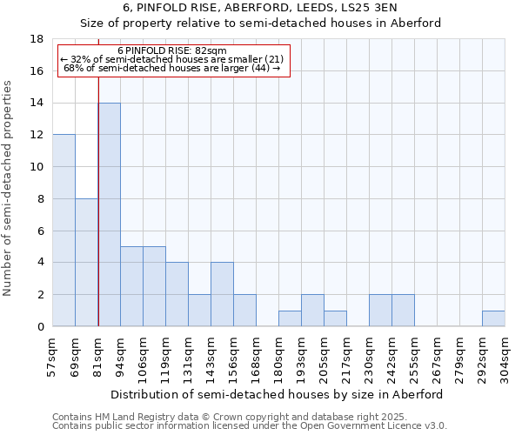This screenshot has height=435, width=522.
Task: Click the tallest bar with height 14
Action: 109,215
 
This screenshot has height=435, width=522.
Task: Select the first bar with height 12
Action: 64,231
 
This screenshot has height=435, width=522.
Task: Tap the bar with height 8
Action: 86,263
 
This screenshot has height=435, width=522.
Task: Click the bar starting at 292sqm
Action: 493,318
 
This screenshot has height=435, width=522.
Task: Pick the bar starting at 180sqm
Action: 290,318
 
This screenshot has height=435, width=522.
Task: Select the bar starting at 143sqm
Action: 222,294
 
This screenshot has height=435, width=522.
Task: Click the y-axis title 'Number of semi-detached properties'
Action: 9,188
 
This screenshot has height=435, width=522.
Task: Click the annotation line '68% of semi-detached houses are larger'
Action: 172,68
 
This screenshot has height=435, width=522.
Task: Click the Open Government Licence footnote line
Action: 250,426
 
